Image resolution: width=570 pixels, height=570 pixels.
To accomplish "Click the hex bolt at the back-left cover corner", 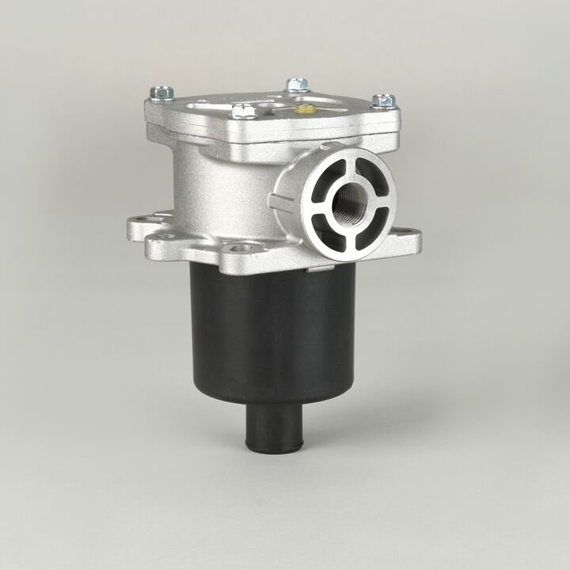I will pos(161,93).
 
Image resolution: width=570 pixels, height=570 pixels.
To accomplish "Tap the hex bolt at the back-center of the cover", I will pos(297,84).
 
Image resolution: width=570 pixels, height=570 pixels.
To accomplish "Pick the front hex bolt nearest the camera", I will pos(245,111).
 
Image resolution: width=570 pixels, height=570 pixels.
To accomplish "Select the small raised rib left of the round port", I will pos(279,199).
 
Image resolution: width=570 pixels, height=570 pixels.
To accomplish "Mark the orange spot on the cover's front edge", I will pos(240,127).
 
